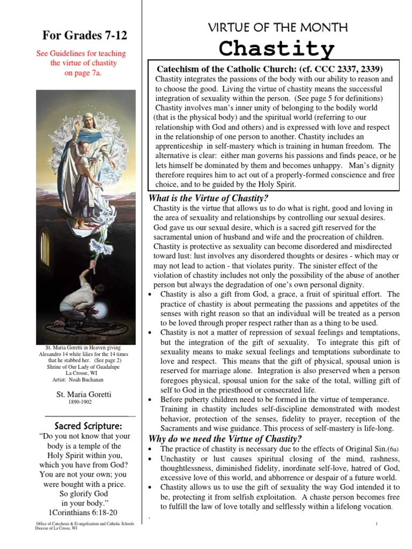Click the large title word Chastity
277,49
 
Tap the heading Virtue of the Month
277,27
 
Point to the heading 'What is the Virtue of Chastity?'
204,199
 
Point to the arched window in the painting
45,247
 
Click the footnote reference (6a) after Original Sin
393,449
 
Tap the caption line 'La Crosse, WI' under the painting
83,373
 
